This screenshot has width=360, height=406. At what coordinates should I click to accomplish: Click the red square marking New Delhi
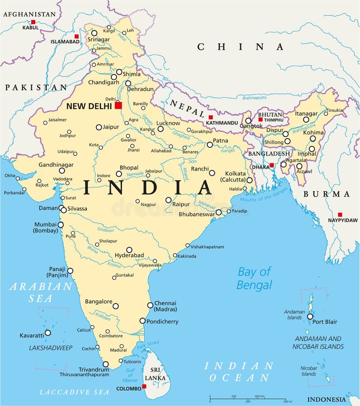point(118,106)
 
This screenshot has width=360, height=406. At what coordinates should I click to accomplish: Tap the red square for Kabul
point(33,22)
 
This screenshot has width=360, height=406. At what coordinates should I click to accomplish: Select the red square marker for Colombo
point(144,387)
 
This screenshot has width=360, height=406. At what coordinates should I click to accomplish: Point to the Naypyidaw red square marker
point(340,215)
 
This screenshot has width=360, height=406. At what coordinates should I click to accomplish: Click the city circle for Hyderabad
point(129,249)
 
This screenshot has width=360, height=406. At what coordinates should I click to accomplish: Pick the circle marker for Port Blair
point(310,317)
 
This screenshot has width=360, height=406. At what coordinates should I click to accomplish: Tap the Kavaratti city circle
point(48,332)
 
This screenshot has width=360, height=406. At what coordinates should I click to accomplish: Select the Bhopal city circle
point(119,174)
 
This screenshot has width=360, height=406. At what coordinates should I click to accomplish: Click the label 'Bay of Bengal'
point(255,278)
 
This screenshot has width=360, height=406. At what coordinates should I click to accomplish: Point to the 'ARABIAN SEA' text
point(41,292)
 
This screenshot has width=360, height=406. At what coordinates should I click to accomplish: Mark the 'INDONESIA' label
point(327,399)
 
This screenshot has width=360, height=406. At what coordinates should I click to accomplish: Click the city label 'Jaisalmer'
point(58,120)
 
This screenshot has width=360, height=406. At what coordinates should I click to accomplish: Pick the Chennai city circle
point(150,305)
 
